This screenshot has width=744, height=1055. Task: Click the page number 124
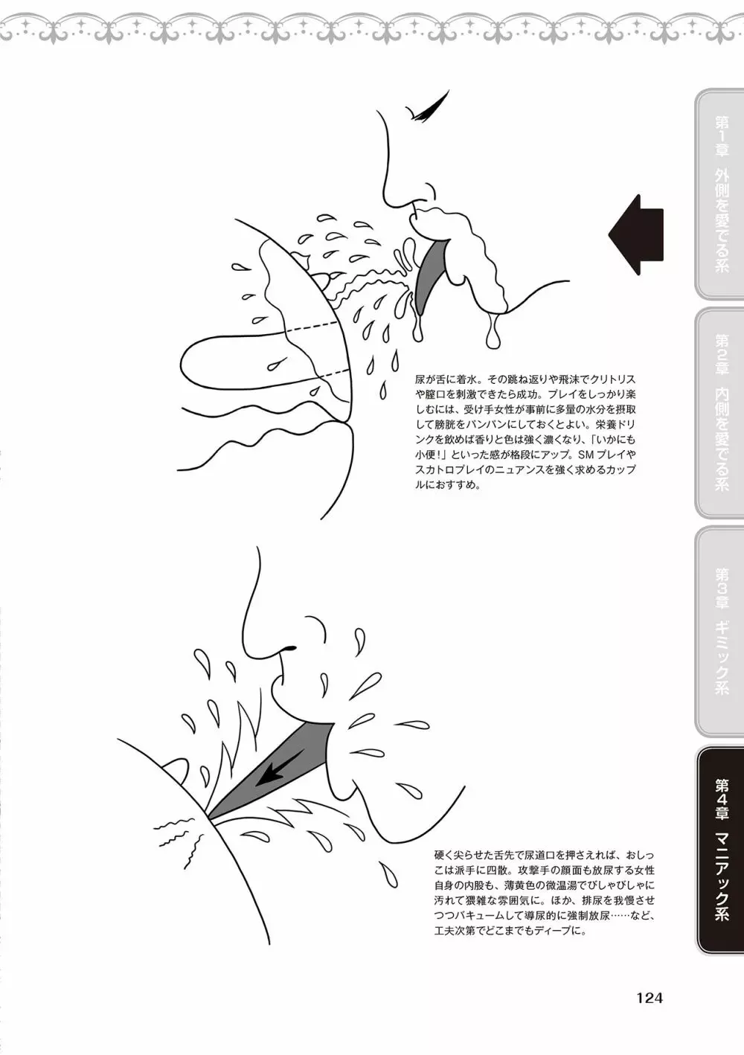[x=650, y=997]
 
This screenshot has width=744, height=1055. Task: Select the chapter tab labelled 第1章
[x=719, y=193]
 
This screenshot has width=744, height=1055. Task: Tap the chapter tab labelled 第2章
[x=719, y=413]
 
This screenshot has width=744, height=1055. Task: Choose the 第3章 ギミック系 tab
[x=719, y=632]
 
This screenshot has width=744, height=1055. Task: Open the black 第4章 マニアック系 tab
[x=719, y=850]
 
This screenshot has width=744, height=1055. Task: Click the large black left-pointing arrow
[x=635, y=234]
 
